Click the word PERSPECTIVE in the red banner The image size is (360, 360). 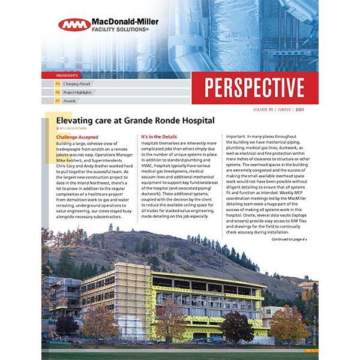(x=254, y=88)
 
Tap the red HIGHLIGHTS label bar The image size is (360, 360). (x=67, y=76)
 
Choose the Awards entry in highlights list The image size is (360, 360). (x=70, y=101)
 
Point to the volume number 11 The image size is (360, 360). (x=272, y=110)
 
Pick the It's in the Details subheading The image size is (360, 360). (x=161, y=137)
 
